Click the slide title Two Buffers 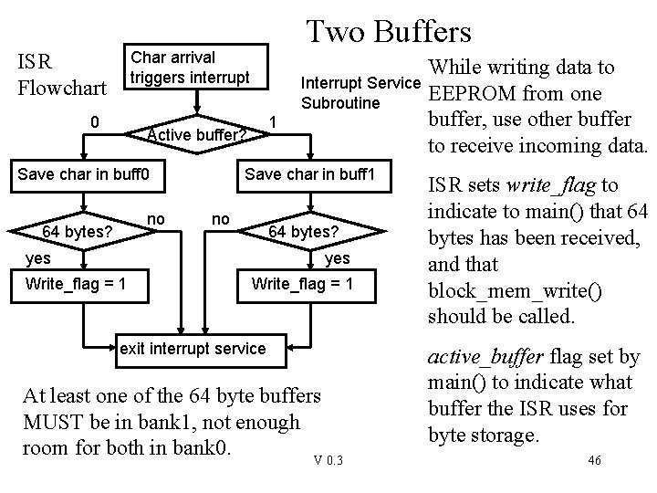click(389, 32)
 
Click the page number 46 click(594, 460)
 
